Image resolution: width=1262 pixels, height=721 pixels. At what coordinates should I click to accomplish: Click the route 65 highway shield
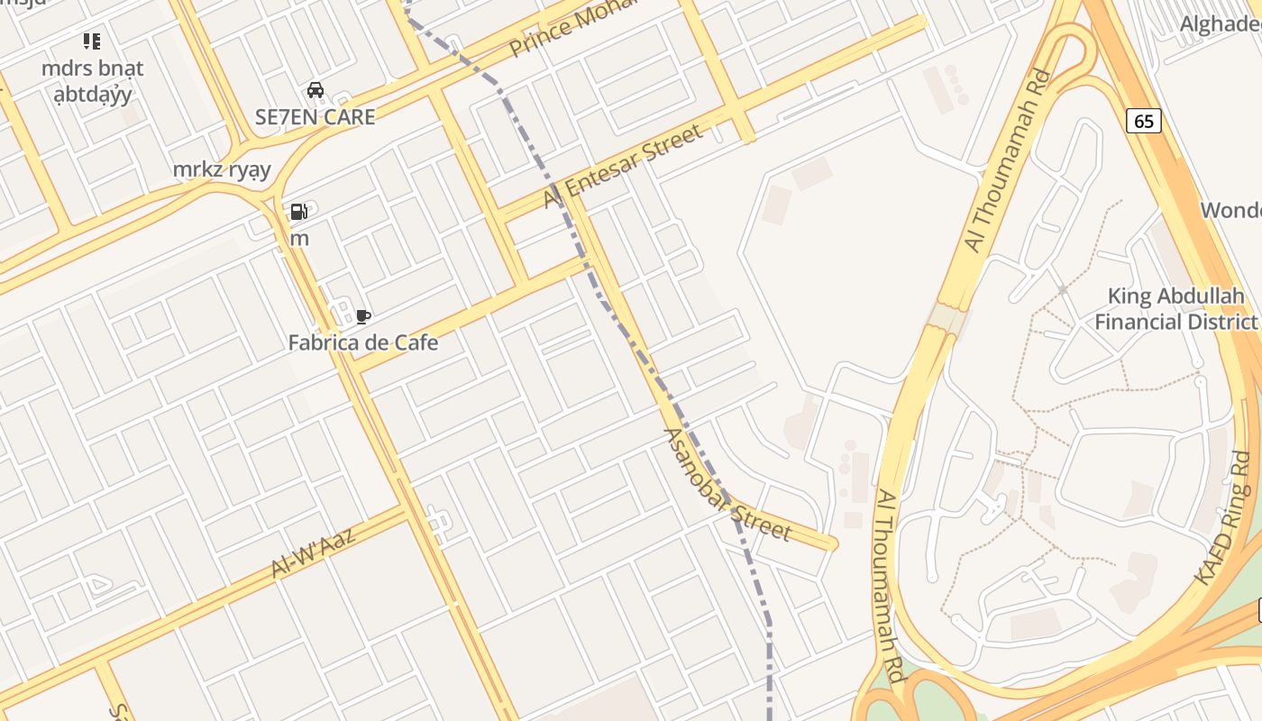coord(1144,121)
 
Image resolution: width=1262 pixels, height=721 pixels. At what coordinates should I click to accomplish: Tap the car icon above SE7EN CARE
coord(315,89)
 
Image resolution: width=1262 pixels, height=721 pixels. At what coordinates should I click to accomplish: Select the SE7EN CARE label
coord(315,116)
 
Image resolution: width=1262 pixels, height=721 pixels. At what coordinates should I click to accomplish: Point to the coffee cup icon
coord(362,316)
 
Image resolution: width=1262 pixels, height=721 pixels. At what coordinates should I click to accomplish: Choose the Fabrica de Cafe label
coord(363,342)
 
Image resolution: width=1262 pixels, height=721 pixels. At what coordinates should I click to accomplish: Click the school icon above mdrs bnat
coord(92,41)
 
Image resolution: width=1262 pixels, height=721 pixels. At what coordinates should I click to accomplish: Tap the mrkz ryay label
coord(222,169)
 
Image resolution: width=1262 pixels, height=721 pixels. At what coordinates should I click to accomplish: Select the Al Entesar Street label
coord(622,166)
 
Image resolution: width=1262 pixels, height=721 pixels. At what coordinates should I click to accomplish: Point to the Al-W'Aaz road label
coord(314,550)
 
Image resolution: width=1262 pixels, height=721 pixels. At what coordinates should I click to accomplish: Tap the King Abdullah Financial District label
coord(1175,308)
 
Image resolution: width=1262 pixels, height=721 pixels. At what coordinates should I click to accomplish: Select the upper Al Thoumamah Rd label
coord(1008,160)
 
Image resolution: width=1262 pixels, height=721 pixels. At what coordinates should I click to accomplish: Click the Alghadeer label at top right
coord(1221,23)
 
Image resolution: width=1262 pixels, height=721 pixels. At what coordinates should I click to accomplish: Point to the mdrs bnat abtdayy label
coord(92,81)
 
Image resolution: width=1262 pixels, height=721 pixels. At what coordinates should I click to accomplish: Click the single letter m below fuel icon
coord(299,239)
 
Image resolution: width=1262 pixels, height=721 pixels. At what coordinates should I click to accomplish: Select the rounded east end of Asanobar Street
coord(830,543)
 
